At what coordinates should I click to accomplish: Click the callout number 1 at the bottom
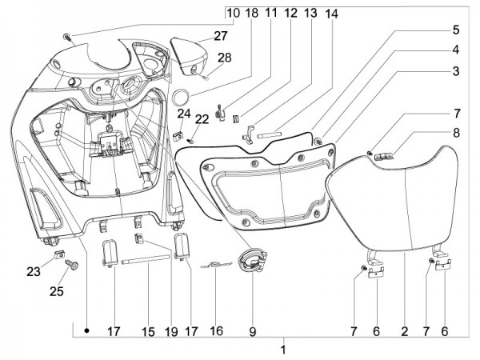tap(282, 350)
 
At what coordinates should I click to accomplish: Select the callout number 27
tap(198, 35)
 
